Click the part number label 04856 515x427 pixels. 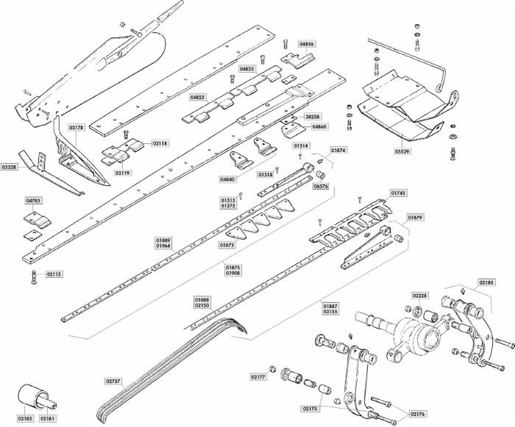pyautogui.click(x=306, y=44)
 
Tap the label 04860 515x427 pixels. pyautogui.click(x=319, y=126)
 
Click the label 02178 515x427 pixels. pyautogui.click(x=77, y=127)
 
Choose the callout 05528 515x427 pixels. pyautogui.click(x=10, y=167)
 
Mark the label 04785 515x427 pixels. pyautogui.click(x=34, y=200)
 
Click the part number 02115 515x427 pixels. pyautogui.click(x=54, y=274)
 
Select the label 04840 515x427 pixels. pyautogui.click(x=227, y=179)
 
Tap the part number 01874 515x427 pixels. pyautogui.click(x=338, y=150)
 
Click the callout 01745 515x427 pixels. pyautogui.click(x=397, y=193)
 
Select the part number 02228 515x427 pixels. pyautogui.click(x=419, y=295)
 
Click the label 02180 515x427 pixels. pyautogui.click(x=486, y=281)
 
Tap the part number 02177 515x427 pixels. pyautogui.click(x=257, y=376)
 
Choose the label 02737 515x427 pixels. pyautogui.click(x=113, y=381)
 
